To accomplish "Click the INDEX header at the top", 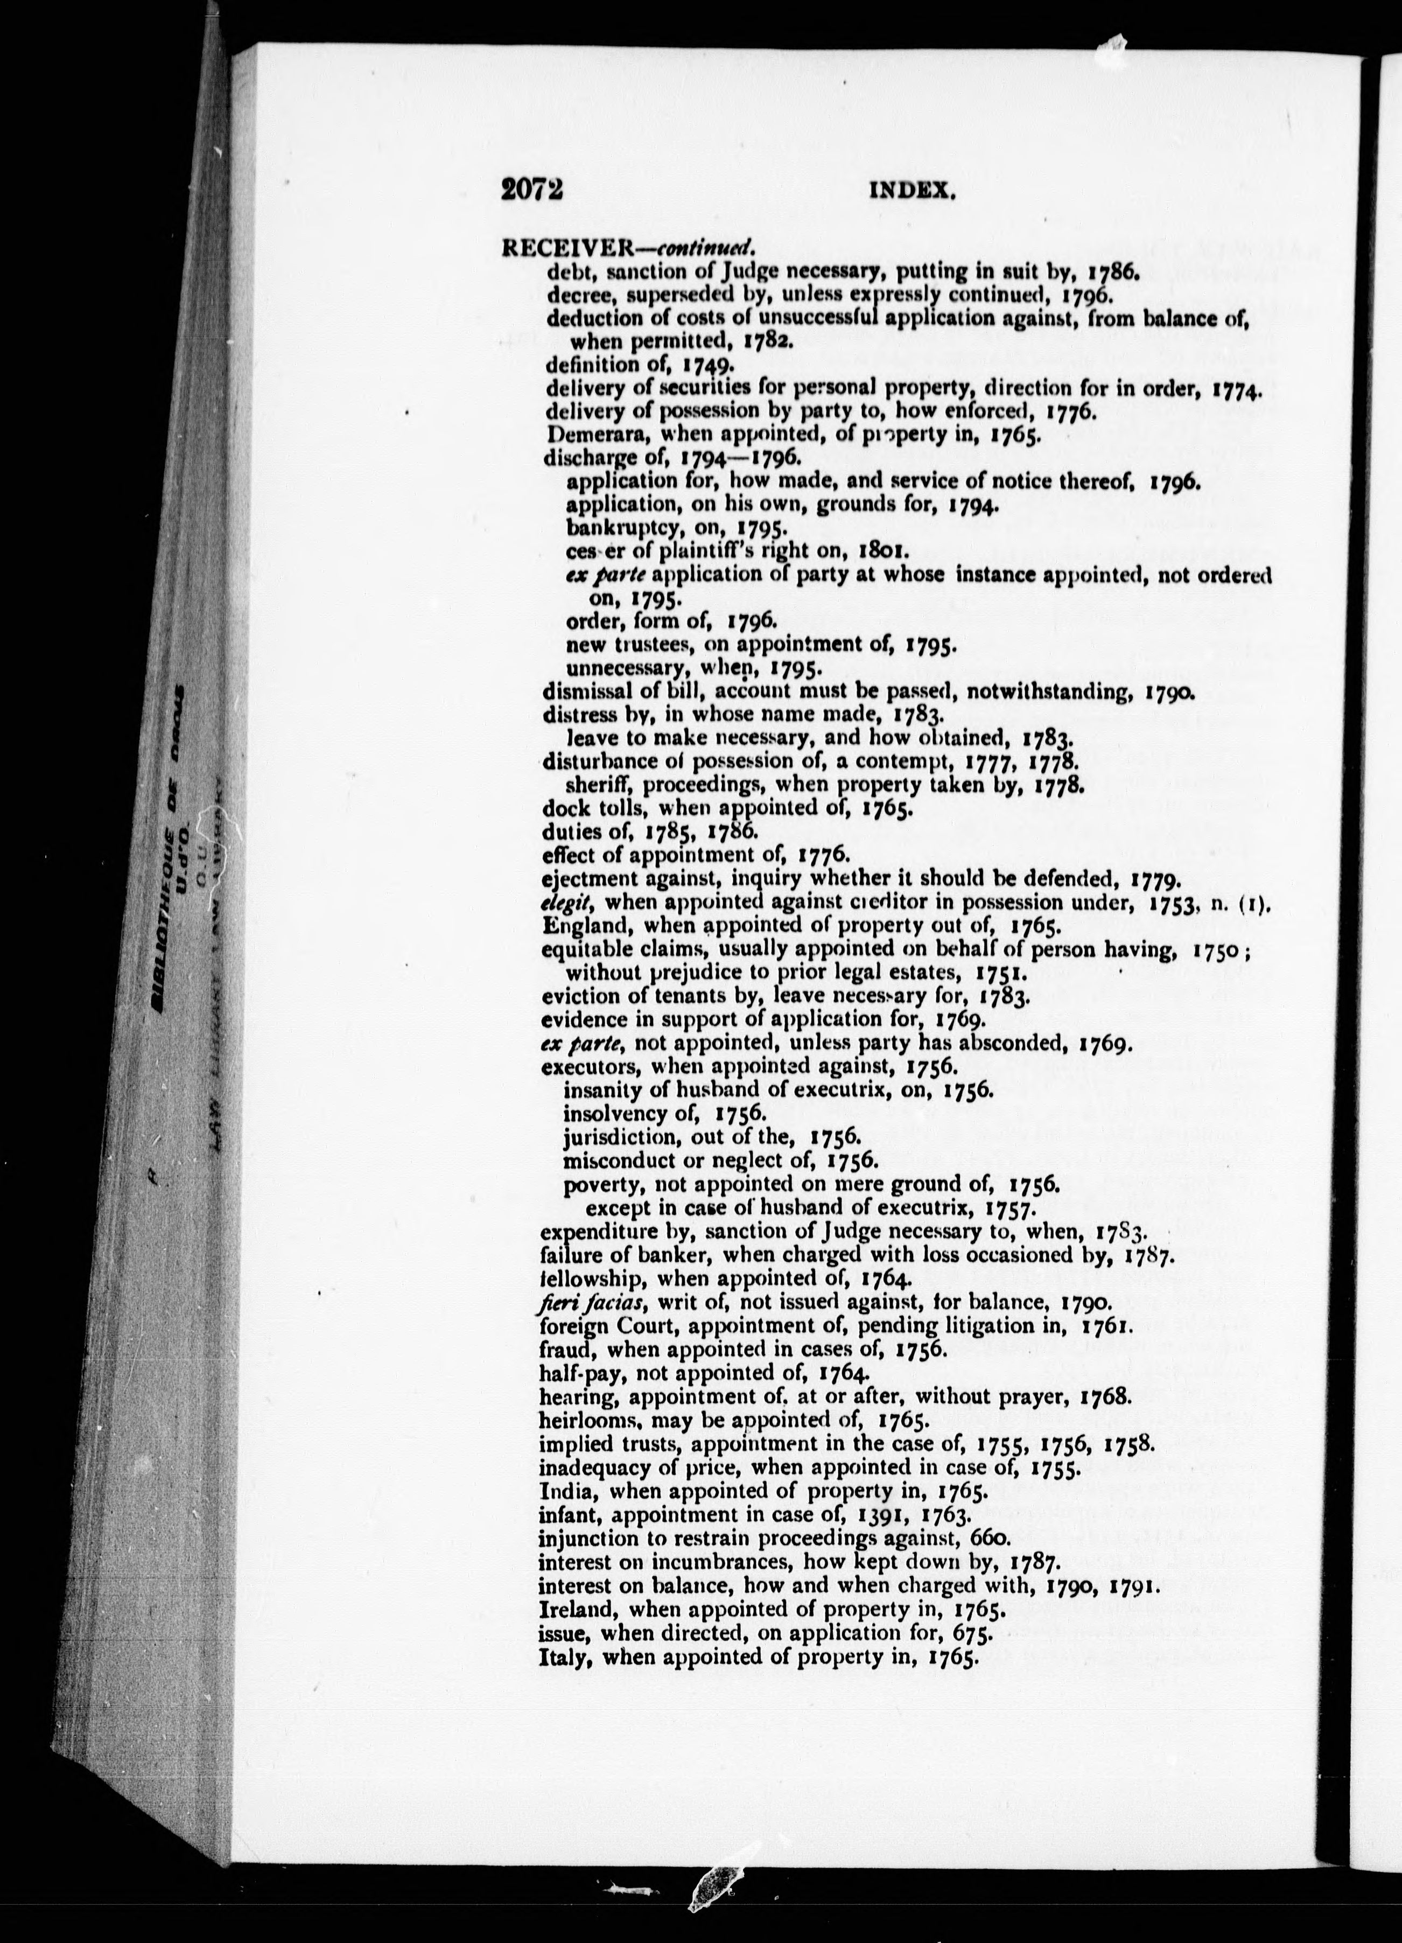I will tap(912, 192).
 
